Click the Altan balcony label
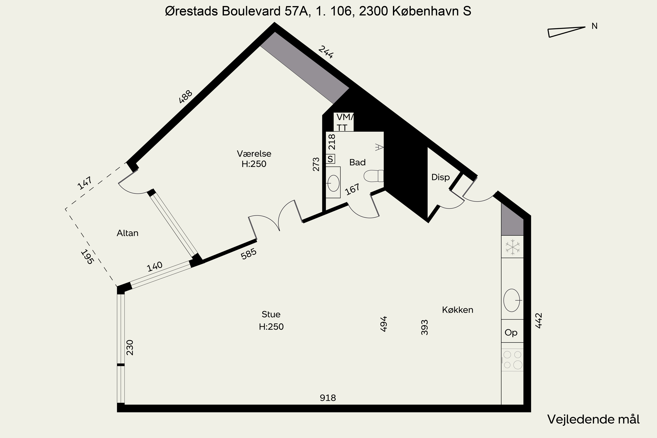coord(127,233)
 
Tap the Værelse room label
coord(254,154)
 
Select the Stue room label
coord(271,314)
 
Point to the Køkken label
coord(457,310)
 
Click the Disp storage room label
coord(440,177)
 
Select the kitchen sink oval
coord(512,300)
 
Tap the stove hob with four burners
coord(512,360)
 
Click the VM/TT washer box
coord(344,122)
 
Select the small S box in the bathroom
coord(330,159)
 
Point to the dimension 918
coord(328,398)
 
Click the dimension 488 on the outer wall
coord(186,97)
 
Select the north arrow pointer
coord(567,32)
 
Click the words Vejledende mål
coord(593,419)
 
